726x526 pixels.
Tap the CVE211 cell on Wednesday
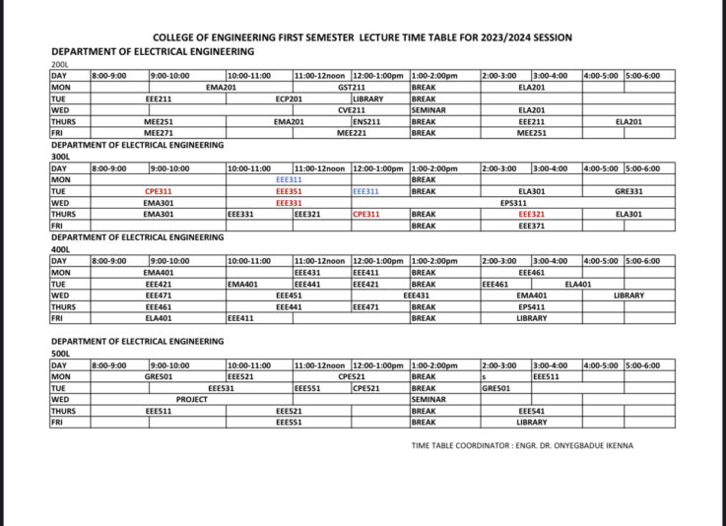pyautogui.click(x=352, y=110)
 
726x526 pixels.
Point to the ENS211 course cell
pyautogui.click(x=366, y=121)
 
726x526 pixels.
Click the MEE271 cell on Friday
pyautogui.click(x=159, y=133)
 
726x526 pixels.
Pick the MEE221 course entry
pyautogui.click(x=352, y=133)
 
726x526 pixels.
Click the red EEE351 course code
pyautogui.click(x=289, y=191)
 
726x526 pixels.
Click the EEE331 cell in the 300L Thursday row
pyautogui.click(x=240, y=214)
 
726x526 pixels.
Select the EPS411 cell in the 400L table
pyautogui.click(x=531, y=307)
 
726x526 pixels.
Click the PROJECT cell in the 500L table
pyautogui.click(x=191, y=400)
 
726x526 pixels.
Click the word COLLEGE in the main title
pyautogui.click(x=179, y=37)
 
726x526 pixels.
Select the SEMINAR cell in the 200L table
pyautogui.click(x=428, y=110)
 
